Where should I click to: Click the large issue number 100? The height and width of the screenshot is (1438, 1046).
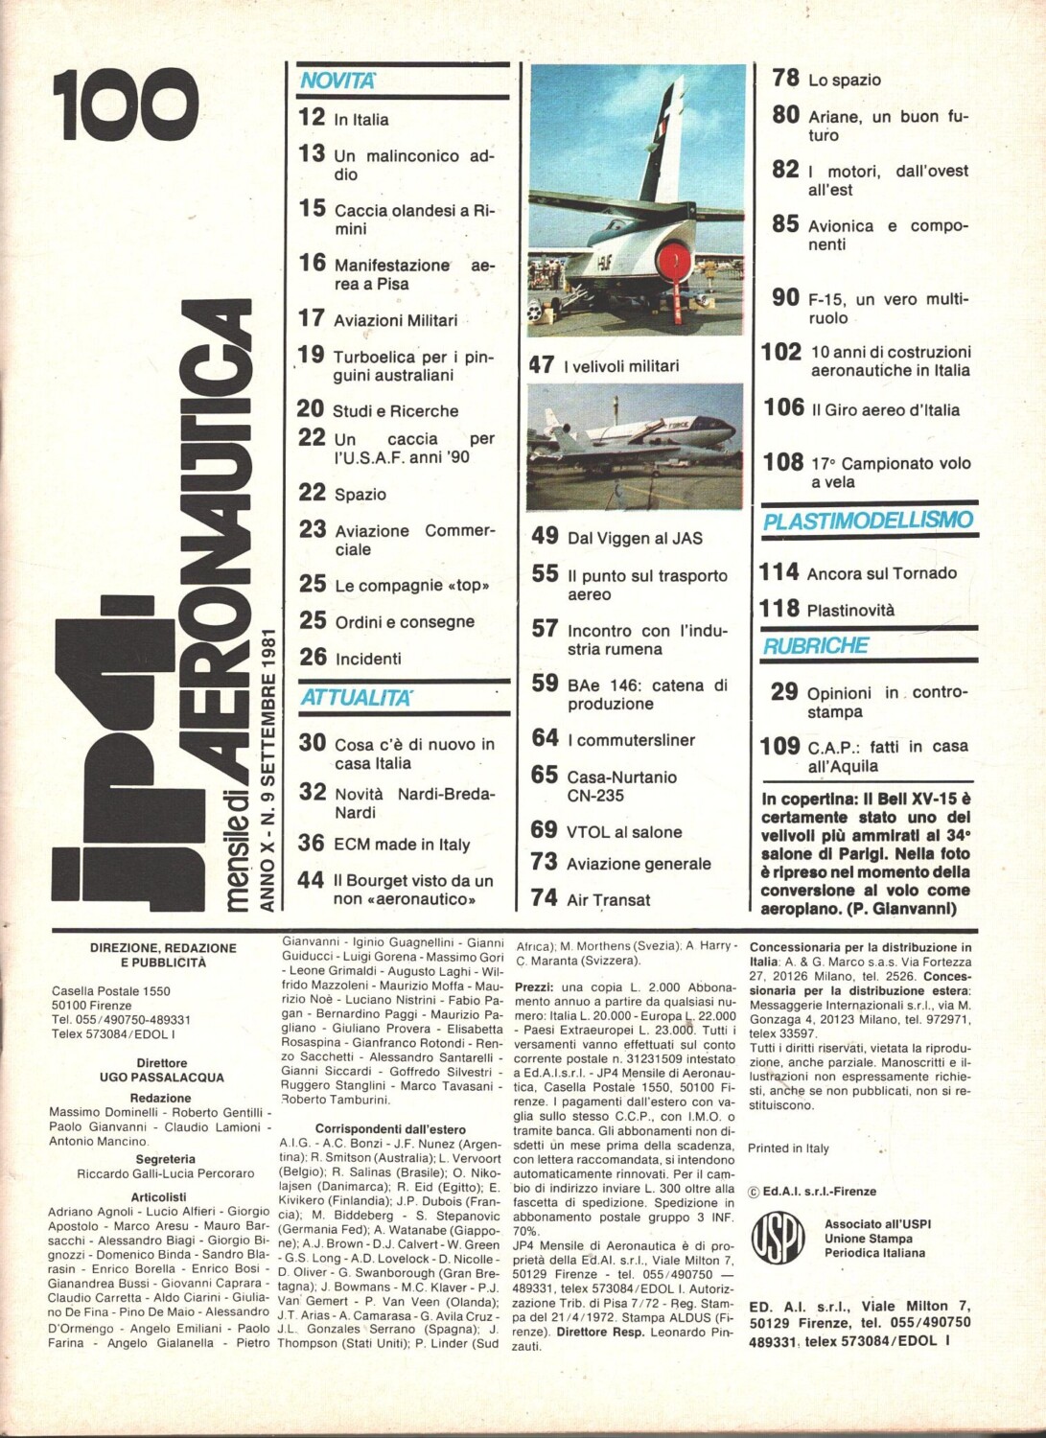126,106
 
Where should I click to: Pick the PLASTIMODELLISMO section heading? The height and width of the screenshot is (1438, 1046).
868,521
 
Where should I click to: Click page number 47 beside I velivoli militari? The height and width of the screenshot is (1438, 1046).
542,364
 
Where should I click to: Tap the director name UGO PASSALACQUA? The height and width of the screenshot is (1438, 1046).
149,1077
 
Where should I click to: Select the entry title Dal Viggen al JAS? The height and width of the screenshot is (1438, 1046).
635,539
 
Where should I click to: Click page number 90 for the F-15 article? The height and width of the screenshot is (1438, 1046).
785,298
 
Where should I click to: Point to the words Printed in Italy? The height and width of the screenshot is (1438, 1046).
789,1148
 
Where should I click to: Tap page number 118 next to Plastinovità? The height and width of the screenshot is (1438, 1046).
779,608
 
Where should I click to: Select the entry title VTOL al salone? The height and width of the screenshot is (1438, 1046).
624,832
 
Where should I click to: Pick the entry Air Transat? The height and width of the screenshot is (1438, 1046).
608,900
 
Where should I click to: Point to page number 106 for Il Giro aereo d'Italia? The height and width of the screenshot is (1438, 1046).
783,407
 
